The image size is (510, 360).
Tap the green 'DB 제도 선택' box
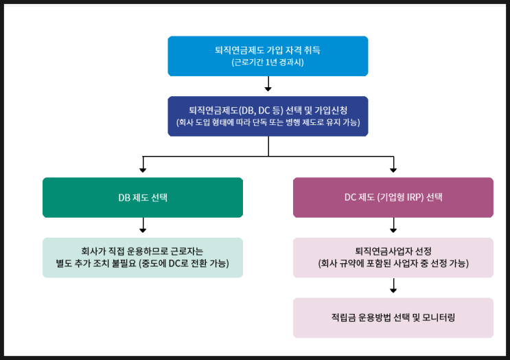[x=143, y=197]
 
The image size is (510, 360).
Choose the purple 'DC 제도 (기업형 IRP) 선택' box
[x=393, y=197]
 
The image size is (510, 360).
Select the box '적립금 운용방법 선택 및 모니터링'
[x=393, y=317]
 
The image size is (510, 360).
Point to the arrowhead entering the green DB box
[x=143, y=168]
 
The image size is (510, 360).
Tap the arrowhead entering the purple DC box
[x=393, y=168]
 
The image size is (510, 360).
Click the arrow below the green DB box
[x=143, y=226]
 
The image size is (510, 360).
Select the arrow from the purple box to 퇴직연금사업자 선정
[x=393, y=226]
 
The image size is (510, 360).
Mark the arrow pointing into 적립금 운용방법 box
[x=393, y=286]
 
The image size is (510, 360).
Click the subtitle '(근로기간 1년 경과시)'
[x=268, y=63]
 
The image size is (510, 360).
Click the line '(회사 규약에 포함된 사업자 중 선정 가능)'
[x=393, y=264]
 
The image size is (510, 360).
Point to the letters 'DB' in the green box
[x=124, y=197]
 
